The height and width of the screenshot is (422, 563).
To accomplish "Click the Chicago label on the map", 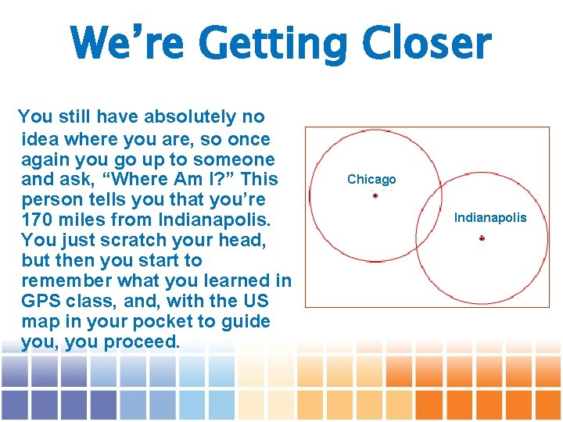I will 371,179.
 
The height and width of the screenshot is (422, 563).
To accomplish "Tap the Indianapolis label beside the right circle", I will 490,217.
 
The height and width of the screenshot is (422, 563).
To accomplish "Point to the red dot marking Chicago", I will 375,195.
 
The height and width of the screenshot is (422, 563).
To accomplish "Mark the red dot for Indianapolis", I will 482,238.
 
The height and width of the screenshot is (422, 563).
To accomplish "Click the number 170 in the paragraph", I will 38,220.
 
